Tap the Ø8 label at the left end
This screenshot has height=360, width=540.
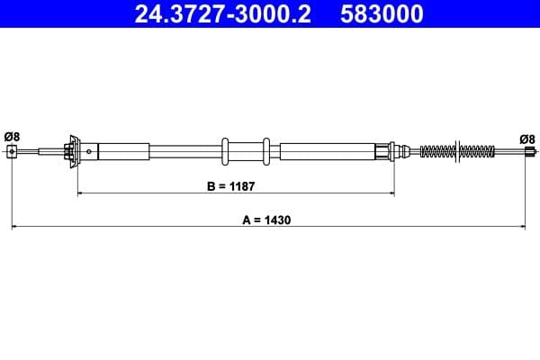[12, 136]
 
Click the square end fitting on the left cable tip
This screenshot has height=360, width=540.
[12, 152]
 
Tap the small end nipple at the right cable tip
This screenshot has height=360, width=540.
[526, 153]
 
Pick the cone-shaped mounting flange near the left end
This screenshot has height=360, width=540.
[71, 151]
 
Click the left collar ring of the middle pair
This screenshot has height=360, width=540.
[224, 151]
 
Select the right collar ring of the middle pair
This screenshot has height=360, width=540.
[265, 151]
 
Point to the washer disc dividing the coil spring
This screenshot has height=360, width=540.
[460, 151]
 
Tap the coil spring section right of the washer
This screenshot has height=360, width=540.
[479, 151]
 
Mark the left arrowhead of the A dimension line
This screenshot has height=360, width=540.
[15, 227]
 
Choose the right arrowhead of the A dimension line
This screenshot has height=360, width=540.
[522, 227]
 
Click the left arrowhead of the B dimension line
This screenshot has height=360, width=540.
[81, 193]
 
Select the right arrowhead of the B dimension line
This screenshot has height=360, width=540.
[390, 193]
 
